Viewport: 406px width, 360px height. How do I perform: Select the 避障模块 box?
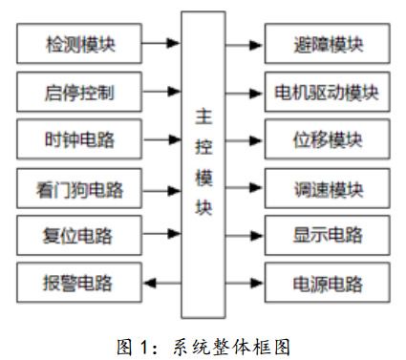coord(326,43)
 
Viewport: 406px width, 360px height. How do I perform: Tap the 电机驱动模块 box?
coord(326,92)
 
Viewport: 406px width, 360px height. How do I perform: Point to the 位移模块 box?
coord(326,139)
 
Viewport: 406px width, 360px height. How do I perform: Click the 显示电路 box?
coord(326,232)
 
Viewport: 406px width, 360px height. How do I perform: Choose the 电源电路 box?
coord(326,281)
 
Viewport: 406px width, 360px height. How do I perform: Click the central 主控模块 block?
coord(203,162)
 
